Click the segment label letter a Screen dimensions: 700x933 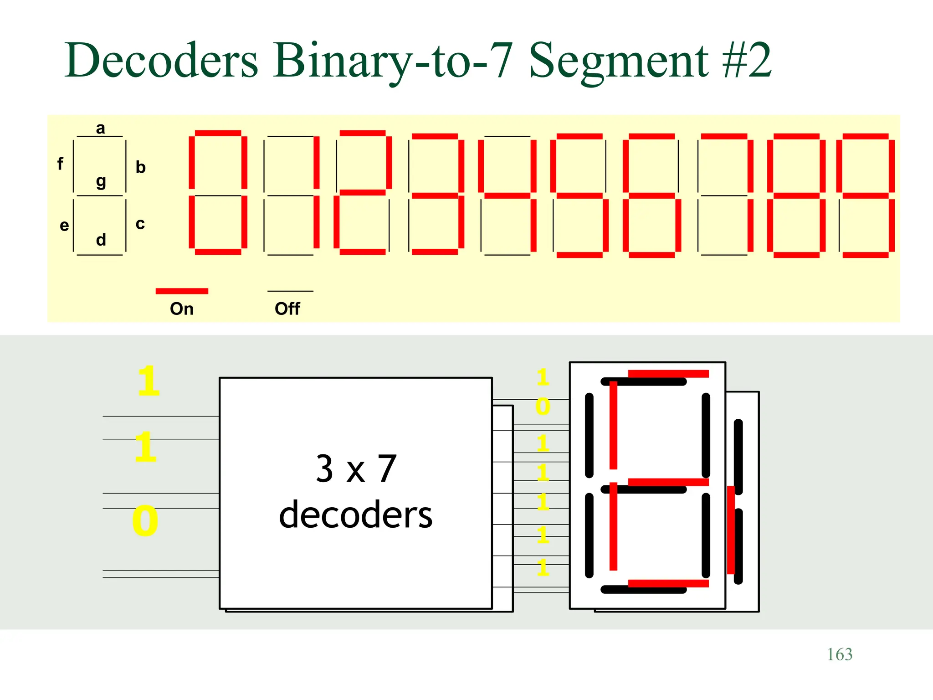tap(100, 129)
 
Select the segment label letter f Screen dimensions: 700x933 tap(60, 163)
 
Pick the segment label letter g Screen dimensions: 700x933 tap(101, 182)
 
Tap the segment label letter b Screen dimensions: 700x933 tap(140, 167)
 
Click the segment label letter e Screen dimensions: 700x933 tap(64, 225)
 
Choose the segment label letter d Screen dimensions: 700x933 tap(101, 240)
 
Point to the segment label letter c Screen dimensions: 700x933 tap(140, 224)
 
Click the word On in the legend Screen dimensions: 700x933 tap(181, 309)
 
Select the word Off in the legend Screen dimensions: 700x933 tap(287, 309)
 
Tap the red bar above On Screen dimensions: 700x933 tap(182, 291)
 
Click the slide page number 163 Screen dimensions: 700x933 tap(839, 654)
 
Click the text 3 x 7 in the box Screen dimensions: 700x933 tap(356, 468)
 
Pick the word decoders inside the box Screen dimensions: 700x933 tap(355, 515)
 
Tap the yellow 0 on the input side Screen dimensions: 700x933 tap(145, 520)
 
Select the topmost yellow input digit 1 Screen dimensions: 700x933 tap(149, 381)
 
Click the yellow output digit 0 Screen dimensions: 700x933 tap(543, 406)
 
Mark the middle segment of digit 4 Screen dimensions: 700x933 tap(507, 196)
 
